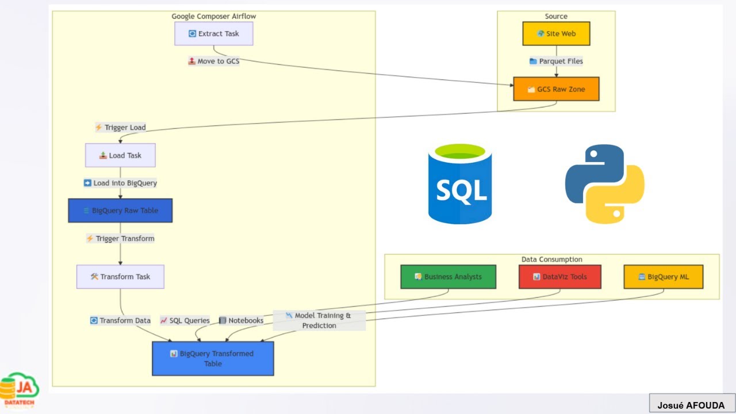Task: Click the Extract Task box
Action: click(214, 34)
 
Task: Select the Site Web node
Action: click(556, 34)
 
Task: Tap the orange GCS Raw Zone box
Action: click(556, 89)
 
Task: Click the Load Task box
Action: click(120, 155)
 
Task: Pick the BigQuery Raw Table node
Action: click(120, 210)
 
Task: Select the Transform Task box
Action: click(120, 277)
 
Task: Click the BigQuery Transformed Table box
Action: click(213, 358)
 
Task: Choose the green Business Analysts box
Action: click(448, 277)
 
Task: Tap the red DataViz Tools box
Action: click(560, 277)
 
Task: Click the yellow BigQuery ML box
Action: click(663, 277)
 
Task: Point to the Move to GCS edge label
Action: click(214, 61)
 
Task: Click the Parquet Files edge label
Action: click(556, 61)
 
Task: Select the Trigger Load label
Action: click(120, 128)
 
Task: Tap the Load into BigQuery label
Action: click(120, 183)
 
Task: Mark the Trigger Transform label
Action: click(120, 238)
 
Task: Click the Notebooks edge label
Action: click(241, 320)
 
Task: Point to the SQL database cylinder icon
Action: click(460, 184)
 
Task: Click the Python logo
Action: click(604, 183)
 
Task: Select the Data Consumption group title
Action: click(551, 259)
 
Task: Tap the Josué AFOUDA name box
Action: click(691, 405)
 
